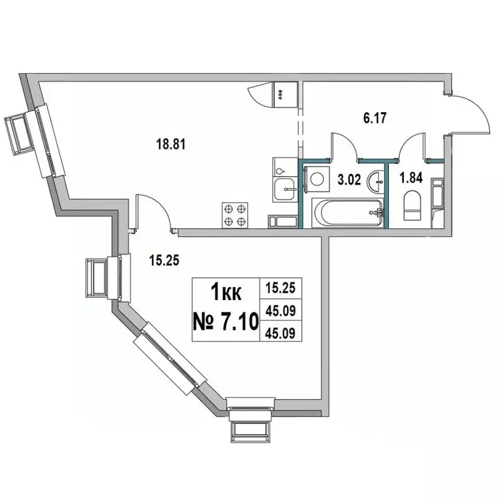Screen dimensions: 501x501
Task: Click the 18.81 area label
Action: coord(173,145)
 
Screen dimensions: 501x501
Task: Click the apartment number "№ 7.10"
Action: coord(226,320)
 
